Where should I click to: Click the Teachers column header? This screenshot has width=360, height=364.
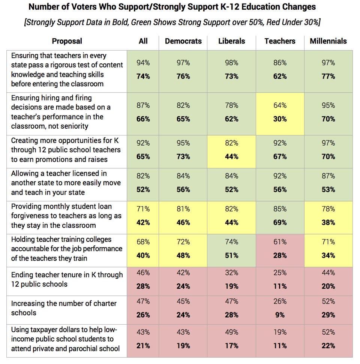coord(280,41)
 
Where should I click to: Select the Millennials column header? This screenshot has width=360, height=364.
coord(328,41)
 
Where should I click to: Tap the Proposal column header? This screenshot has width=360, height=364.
coord(67,41)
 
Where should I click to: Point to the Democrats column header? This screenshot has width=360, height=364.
coord(183,41)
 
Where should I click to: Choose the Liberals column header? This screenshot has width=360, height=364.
coord(231,41)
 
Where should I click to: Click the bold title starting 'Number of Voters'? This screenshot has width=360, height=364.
coord(172,7)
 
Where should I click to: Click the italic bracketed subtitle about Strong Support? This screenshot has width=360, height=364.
coord(172,22)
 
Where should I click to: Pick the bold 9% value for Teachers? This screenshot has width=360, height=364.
coord(280,315)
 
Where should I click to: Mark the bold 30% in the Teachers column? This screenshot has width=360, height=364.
coord(280,119)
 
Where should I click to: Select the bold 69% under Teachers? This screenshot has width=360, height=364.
coord(280,223)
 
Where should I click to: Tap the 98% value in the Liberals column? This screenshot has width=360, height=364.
coord(231,63)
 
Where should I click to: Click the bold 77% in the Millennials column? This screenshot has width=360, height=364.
coord(328,76)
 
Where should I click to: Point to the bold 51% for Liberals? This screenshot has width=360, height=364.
coord(231,256)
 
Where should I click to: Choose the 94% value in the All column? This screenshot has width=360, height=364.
coord(143,63)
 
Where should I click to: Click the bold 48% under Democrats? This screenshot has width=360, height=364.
coord(183,256)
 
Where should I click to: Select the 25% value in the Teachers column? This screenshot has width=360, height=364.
coord(280,273)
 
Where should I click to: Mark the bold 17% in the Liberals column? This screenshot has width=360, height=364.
coord(231,346)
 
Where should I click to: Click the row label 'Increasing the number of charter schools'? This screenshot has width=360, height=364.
coord(64,308)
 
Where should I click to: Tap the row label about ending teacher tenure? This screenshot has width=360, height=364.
coord(67,280)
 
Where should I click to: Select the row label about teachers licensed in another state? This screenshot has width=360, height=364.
coord(66,183)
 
